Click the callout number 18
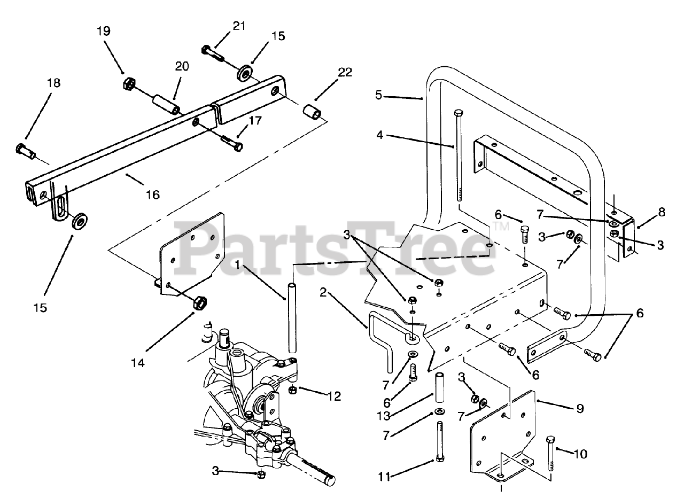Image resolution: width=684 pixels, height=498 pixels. [53, 83]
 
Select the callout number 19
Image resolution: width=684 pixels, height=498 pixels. [104, 31]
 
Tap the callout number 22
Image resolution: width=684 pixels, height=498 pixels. [345, 73]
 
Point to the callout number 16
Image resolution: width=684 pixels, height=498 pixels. [152, 194]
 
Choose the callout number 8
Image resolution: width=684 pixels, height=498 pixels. [661, 212]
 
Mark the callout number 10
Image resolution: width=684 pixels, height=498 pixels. [580, 454]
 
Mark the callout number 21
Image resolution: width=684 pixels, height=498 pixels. [239, 26]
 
